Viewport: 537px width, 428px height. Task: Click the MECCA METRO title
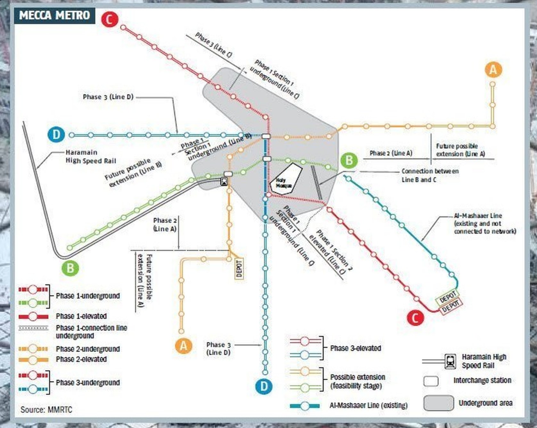pyautogui.click(x=54, y=15)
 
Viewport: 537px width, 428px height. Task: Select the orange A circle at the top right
pyautogui.click(x=493, y=70)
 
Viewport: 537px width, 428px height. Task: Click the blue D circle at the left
pyautogui.click(x=56, y=135)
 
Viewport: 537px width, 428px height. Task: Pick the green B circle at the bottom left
pyautogui.click(x=70, y=268)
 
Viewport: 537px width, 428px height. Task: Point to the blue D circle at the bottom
pyautogui.click(x=264, y=386)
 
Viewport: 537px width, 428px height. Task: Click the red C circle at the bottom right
pyautogui.click(x=415, y=318)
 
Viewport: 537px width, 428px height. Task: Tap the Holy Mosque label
pyautogui.click(x=284, y=183)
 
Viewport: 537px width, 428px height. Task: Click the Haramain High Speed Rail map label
pyautogui.click(x=91, y=157)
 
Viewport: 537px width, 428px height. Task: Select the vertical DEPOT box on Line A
pyautogui.click(x=239, y=268)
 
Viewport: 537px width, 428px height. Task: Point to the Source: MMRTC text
pyautogui.click(x=46, y=409)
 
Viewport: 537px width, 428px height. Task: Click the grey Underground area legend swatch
pyautogui.click(x=438, y=403)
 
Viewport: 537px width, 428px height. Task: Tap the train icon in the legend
pyautogui.click(x=450, y=361)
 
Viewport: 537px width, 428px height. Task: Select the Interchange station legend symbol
pyautogui.click(x=431, y=381)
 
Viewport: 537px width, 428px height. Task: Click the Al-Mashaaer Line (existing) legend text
pyautogui.click(x=368, y=405)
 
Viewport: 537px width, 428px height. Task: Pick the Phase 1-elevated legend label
pyautogui.click(x=81, y=316)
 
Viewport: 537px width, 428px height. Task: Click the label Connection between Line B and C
pyautogui.click(x=430, y=175)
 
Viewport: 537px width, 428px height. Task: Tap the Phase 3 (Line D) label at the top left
pyautogui.click(x=108, y=97)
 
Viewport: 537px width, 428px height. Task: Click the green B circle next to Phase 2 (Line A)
pyautogui.click(x=349, y=160)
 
